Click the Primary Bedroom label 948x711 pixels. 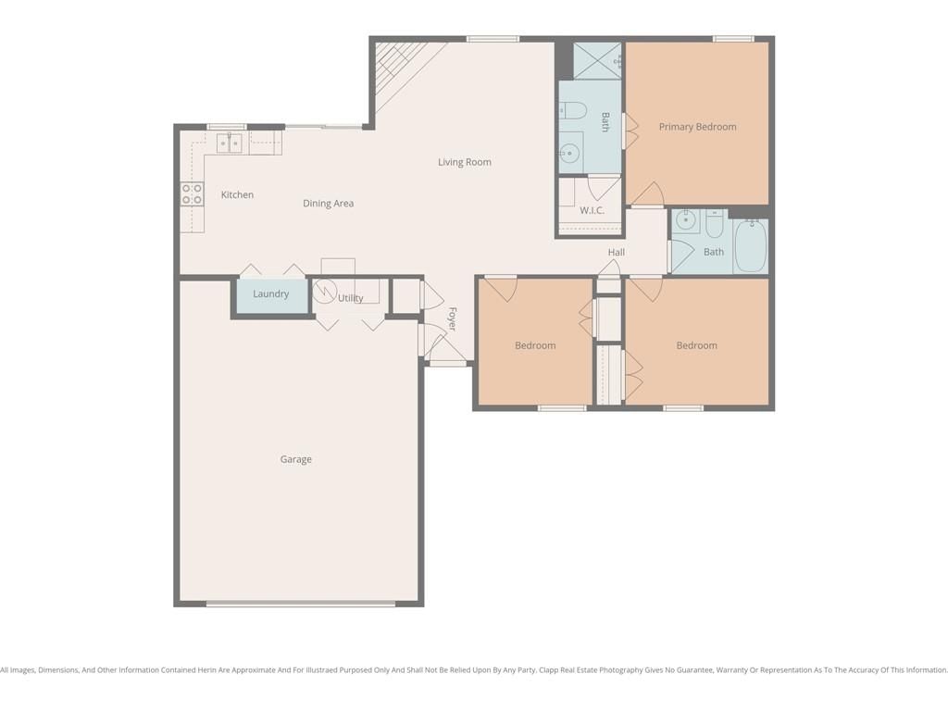click(x=697, y=127)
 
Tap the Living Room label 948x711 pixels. click(x=465, y=162)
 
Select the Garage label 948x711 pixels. click(x=295, y=459)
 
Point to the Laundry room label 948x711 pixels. click(x=271, y=293)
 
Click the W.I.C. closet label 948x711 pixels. click(x=592, y=210)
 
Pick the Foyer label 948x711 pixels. click(x=452, y=319)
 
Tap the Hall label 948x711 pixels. click(x=616, y=252)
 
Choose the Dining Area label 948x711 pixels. click(x=329, y=204)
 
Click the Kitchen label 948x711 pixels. click(x=237, y=194)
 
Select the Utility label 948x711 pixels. click(x=351, y=298)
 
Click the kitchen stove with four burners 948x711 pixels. click(x=193, y=194)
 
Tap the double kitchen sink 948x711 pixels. click(x=230, y=143)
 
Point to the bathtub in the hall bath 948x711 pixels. click(x=751, y=245)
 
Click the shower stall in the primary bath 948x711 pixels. click(x=597, y=61)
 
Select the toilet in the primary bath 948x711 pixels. click(x=572, y=111)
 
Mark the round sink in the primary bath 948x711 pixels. click(x=569, y=154)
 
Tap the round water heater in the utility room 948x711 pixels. click(x=325, y=291)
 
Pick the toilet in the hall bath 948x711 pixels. click(x=714, y=224)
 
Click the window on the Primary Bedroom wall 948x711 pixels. click(x=733, y=39)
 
